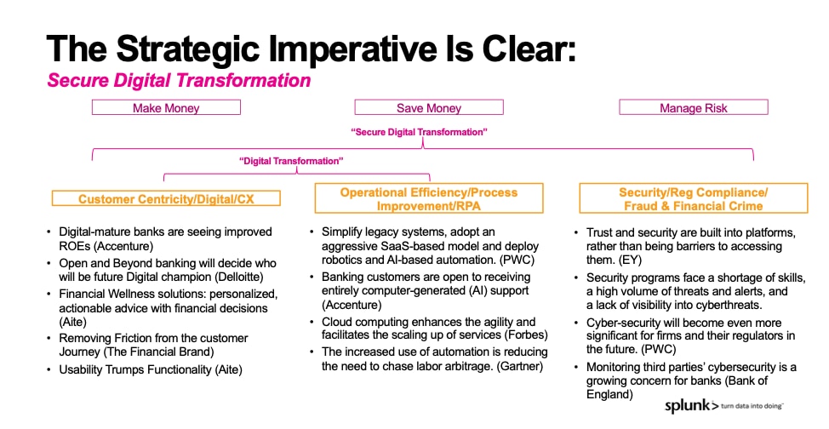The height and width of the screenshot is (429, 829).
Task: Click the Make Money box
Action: pos(166,107)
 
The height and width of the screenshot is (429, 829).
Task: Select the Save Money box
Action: pos(429,107)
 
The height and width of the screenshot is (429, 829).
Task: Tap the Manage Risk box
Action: pos(693,107)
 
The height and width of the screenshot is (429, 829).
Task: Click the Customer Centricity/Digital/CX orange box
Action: pos(166,198)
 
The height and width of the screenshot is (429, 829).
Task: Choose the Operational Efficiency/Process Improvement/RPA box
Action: pos(429,198)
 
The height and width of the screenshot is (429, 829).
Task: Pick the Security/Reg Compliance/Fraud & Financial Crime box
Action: pos(693,198)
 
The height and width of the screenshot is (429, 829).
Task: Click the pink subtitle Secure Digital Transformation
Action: pos(179,80)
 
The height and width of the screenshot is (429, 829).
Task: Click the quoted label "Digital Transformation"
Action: pos(291,161)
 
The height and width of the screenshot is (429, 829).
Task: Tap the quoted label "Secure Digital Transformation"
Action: pos(420,132)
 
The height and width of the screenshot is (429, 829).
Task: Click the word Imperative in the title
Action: pos(352,49)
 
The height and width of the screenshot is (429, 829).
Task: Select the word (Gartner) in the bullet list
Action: pos(520,366)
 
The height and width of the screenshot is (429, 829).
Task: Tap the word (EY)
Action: pos(630,260)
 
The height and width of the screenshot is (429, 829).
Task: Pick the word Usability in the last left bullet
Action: pos(80,369)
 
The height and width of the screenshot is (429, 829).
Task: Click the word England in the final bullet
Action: pos(609,395)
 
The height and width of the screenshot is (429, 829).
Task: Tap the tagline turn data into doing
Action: pos(752,406)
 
